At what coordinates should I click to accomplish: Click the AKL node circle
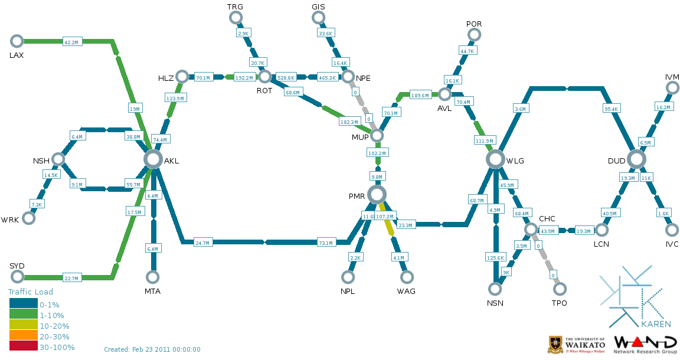(x=153, y=159)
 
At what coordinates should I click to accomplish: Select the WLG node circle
(x=495, y=159)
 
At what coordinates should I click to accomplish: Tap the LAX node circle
(x=17, y=41)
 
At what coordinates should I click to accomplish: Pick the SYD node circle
(x=17, y=277)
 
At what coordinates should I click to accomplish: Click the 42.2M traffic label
(x=71, y=42)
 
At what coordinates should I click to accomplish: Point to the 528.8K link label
(x=286, y=77)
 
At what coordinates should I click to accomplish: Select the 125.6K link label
(x=495, y=257)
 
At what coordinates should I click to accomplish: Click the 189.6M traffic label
(x=420, y=95)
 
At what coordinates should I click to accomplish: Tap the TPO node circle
(x=560, y=289)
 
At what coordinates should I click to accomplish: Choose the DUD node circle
(x=636, y=159)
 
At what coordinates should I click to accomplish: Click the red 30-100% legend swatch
(x=24, y=347)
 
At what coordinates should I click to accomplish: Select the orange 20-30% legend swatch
(x=24, y=336)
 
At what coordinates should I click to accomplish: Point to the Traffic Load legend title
(x=30, y=292)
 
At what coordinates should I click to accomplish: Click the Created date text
(x=152, y=349)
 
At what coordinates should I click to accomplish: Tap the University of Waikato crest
(x=555, y=343)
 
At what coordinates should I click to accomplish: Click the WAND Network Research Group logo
(x=645, y=344)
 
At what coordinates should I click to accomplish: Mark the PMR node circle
(x=377, y=194)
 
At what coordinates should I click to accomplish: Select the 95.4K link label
(x=611, y=109)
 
